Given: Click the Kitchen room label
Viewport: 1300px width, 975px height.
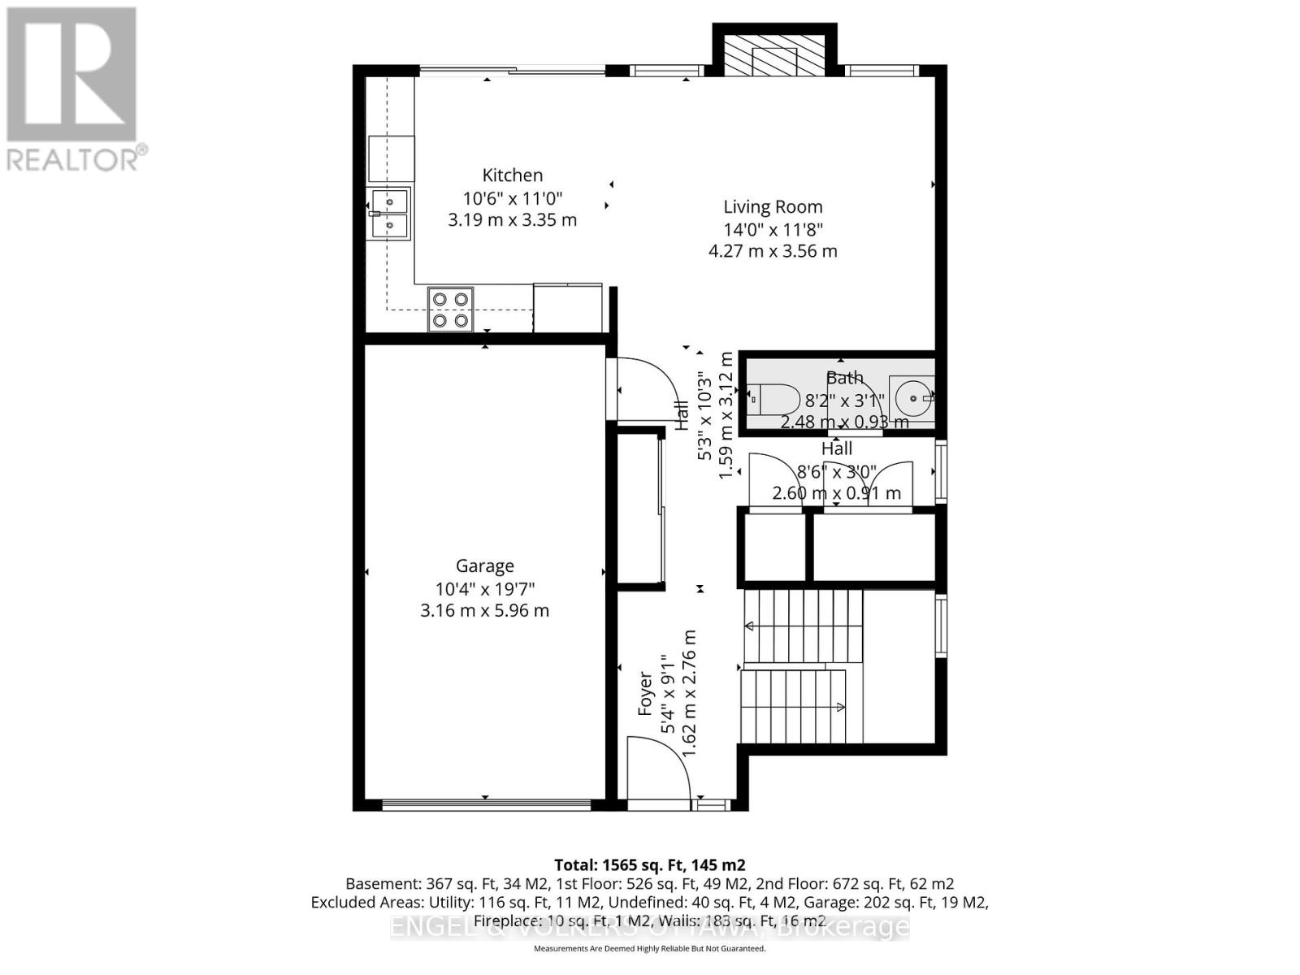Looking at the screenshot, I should coord(512,175).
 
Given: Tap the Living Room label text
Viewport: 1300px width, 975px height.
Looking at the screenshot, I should coord(773,207).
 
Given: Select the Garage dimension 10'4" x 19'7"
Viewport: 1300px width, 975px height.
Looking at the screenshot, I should coord(484,588).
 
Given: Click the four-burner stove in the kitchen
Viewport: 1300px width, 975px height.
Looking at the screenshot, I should coord(451,310).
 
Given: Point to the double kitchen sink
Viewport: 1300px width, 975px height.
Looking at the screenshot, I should coord(390,214).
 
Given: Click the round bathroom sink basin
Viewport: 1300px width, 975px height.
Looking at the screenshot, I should coord(912,398).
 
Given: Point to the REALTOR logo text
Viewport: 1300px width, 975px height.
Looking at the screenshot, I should coord(76,158).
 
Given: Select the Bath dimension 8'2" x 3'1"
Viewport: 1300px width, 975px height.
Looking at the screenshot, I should coord(843,400).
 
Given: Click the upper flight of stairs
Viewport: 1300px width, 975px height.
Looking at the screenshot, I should coord(803,626).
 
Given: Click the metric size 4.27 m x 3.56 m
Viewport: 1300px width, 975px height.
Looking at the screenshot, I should coord(773,251).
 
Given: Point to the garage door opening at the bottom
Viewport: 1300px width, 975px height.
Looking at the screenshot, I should coord(486,805).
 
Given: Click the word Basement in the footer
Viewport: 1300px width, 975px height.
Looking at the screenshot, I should coord(379,883).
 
